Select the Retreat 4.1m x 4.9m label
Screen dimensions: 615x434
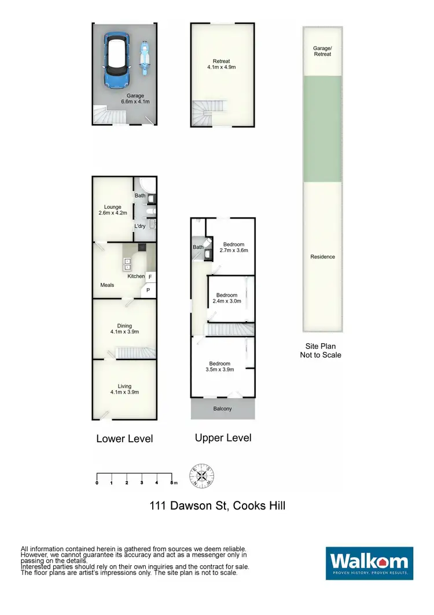click(221, 64)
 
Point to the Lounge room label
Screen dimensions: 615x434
click(112, 209)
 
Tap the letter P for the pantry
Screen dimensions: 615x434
click(148, 290)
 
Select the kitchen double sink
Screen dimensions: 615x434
click(127, 264)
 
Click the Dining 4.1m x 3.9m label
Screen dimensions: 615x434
click(124, 329)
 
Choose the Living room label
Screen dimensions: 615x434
click(124, 389)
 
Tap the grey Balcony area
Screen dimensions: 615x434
click(223, 409)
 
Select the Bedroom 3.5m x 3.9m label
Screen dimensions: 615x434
click(219, 366)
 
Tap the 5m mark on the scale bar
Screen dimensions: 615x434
click(172, 482)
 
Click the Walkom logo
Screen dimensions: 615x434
click(369, 563)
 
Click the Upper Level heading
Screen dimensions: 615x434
click(223, 438)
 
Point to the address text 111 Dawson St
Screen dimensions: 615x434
click(217, 506)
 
